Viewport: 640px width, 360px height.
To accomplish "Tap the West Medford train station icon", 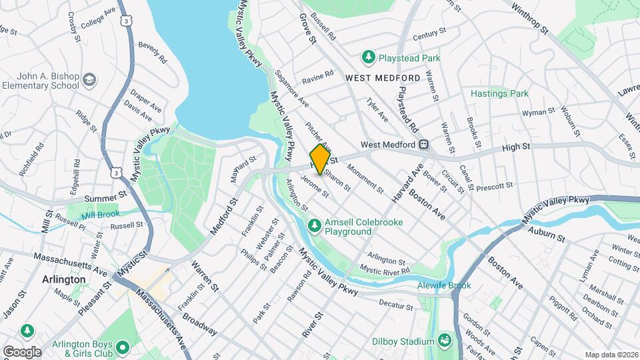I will pyautogui.click(x=423, y=145).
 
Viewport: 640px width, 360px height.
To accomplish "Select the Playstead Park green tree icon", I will pyautogui.click(x=367, y=59).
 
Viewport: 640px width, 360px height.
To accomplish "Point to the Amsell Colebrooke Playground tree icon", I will pyautogui.click(x=315, y=227).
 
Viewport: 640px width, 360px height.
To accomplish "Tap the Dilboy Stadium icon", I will pyautogui.click(x=444, y=342).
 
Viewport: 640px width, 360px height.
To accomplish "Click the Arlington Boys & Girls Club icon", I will pyautogui.click(x=123, y=346).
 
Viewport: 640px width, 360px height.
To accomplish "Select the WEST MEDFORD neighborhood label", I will pyautogui.click(x=383, y=78).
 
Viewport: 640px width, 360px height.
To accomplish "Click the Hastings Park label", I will pyautogui.click(x=499, y=94).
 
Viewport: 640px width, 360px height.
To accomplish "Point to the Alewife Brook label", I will pyautogui.click(x=443, y=285).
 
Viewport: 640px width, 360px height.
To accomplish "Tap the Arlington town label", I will pyautogui.click(x=63, y=279).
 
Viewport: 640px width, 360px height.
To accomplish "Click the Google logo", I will pyautogui.click(x=22, y=351).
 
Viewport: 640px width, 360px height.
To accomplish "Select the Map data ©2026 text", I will pyautogui.click(x=611, y=355).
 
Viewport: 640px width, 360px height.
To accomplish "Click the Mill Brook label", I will pyautogui.click(x=100, y=215).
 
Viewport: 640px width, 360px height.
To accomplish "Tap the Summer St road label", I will pyautogui.click(x=106, y=197).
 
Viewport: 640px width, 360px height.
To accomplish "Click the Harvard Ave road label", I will pyautogui.click(x=407, y=185).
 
